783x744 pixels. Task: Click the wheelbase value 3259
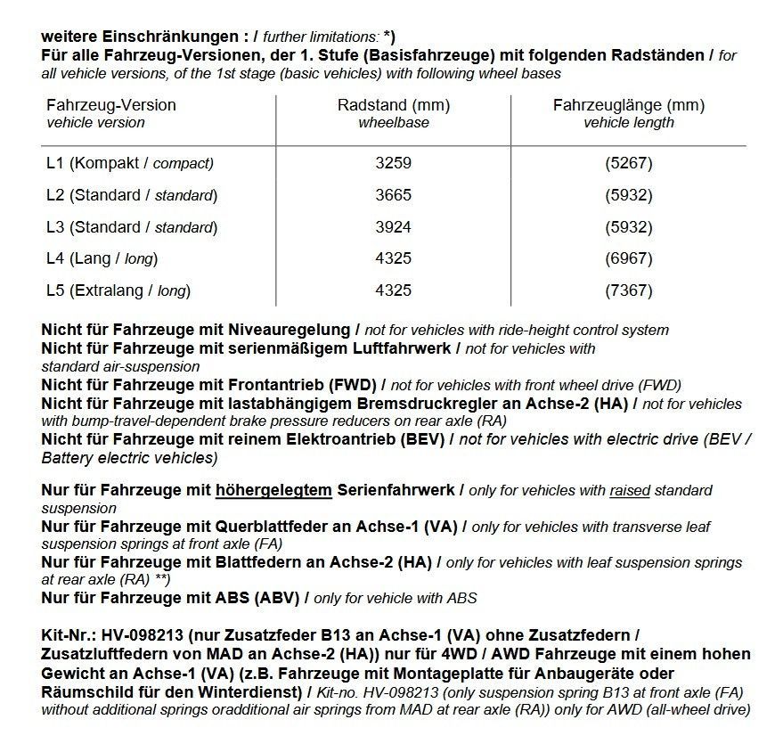click(x=393, y=163)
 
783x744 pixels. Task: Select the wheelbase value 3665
click(x=393, y=195)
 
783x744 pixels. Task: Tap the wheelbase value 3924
click(x=393, y=227)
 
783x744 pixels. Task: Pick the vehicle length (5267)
click(x=629, y=163)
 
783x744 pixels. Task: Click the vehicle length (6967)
click(x=629, y=259)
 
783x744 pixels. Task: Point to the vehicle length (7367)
click(x=629, y=290)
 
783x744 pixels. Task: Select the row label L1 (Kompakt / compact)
click(x=130, y=163)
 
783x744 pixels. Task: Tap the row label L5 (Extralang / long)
click(x=118, y=290)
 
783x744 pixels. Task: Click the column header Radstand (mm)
click(x=393, y=105)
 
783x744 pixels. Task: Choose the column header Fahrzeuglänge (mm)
click(x=629, y=105)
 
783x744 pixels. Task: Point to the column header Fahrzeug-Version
click(x=110, y=105)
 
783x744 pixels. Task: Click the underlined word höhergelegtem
click(x=273, y=490)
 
